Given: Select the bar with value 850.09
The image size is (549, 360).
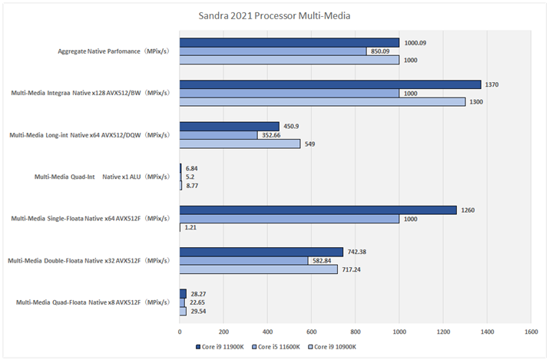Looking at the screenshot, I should (273, 51).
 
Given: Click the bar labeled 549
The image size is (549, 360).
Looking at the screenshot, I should (240, 144).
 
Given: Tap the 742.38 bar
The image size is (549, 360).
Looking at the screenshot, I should (261, 252).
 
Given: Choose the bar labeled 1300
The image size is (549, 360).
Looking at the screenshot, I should (322, 101).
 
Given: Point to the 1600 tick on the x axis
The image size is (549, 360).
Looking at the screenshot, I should (531, 332).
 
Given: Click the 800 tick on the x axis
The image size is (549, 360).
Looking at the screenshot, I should (356, 332).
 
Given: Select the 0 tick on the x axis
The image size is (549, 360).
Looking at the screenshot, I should (180, 332).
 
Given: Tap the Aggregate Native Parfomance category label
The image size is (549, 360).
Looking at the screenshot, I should (114, 51).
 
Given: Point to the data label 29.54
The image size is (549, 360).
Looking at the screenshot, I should (199, 311).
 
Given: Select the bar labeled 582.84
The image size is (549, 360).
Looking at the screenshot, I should (243, 260).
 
